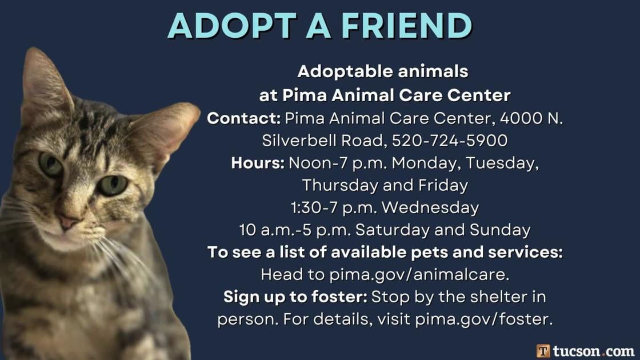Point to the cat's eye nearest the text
113,184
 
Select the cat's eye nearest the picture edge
50,164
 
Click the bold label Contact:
244,118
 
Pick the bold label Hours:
258,163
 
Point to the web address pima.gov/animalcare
419,274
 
